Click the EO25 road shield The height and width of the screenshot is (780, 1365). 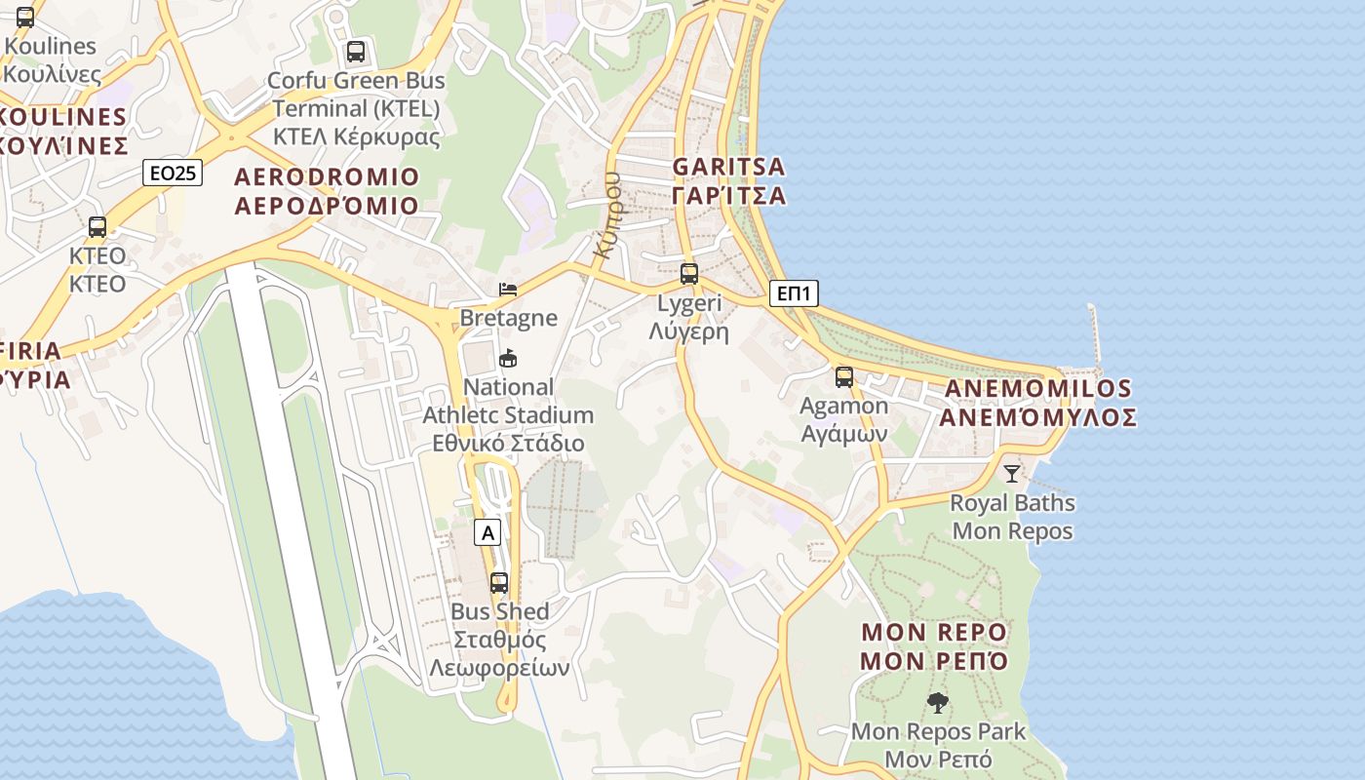point(172,174)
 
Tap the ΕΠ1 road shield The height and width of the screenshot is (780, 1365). point(793,293)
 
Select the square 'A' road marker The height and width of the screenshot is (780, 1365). point(488,532)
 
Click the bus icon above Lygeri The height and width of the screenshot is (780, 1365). point(689,274)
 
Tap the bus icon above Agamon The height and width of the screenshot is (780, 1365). point(844,377)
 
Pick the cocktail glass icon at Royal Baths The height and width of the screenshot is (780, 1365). point(1012,474)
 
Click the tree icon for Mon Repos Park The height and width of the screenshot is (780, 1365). point(938,702)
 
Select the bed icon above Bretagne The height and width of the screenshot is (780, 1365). point(508,289)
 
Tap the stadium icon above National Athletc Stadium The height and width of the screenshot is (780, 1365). point(508,358)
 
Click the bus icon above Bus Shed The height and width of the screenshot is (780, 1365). point(499,583)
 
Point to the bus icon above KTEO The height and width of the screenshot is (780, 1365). point(97,227)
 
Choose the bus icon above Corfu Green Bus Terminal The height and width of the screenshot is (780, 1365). point(356,52)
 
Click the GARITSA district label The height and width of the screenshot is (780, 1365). point(728,181)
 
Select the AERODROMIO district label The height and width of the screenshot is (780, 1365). point(327,191)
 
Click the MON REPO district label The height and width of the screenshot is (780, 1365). point(934,646)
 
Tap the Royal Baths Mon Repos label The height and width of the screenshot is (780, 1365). point(1012,517)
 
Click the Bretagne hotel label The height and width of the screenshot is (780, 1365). point(508,318)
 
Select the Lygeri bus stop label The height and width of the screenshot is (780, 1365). point(689,316)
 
